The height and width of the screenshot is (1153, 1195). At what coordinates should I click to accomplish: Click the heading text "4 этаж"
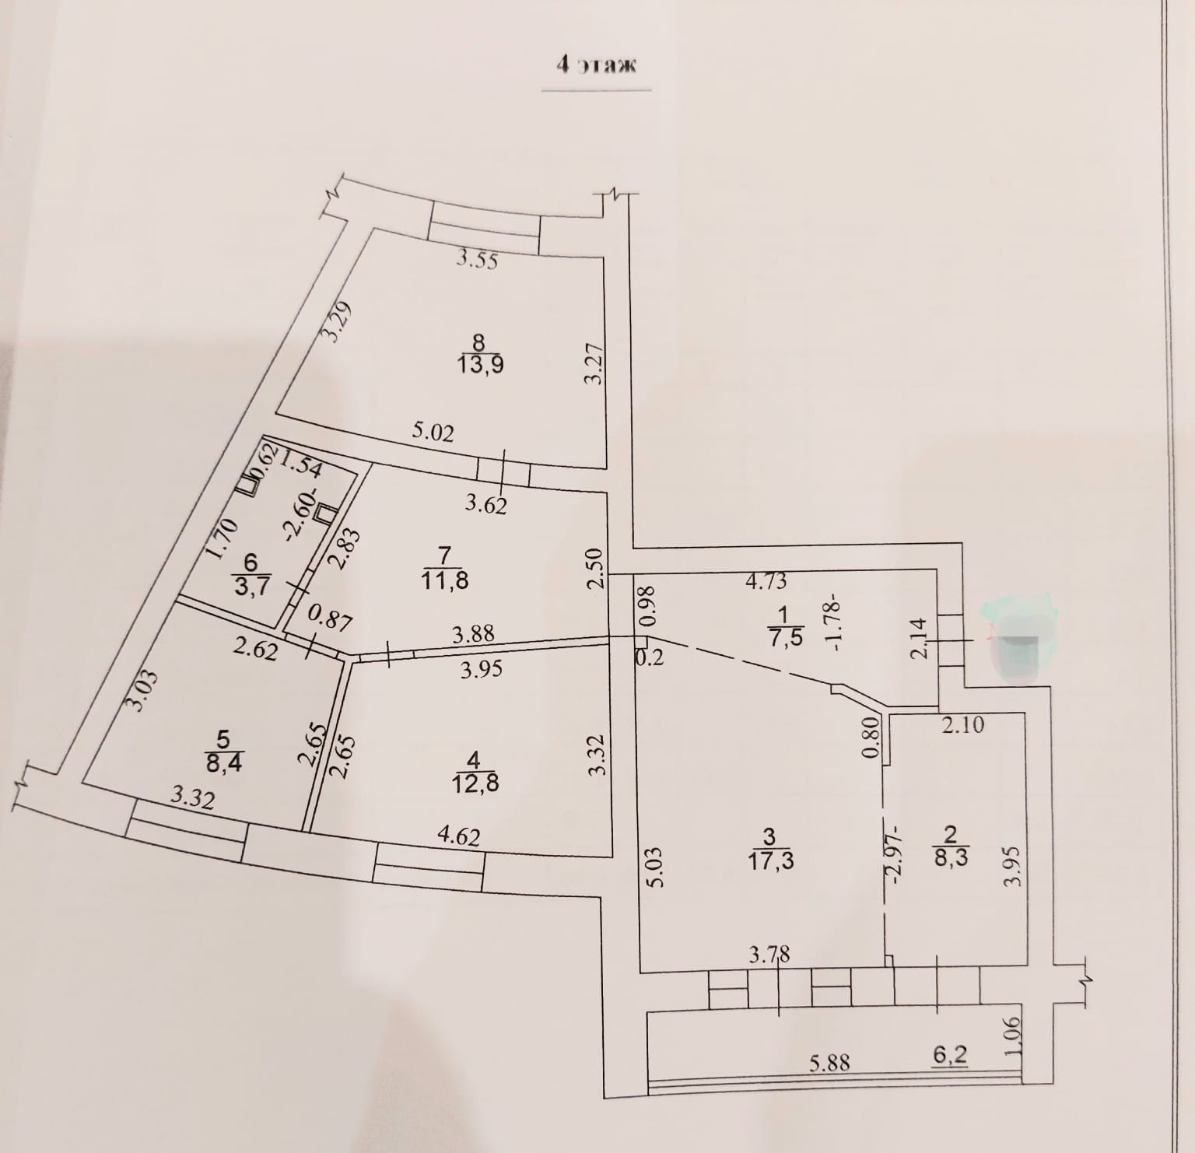pos(596,65)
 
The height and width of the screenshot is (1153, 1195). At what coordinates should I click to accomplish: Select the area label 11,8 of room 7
pos(444,580)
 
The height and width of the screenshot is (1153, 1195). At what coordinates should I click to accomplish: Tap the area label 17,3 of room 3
pos(769,860)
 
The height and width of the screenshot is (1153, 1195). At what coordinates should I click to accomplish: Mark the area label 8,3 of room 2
pos(949,860)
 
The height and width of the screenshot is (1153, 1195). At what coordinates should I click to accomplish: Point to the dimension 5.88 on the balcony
pos(829,1063)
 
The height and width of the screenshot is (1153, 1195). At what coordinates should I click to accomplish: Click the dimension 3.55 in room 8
pos(477,259)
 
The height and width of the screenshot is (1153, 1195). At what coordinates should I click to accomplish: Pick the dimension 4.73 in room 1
pos(766,580)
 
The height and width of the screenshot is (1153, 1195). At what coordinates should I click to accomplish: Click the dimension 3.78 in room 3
pos(769,954)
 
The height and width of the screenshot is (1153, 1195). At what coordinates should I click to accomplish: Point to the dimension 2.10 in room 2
pos(962,725)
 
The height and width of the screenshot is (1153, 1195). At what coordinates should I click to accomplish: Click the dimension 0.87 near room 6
pos(331,620)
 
